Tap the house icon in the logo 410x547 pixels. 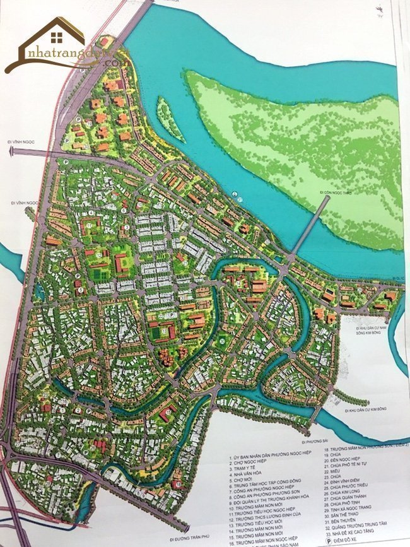[57, 38]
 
